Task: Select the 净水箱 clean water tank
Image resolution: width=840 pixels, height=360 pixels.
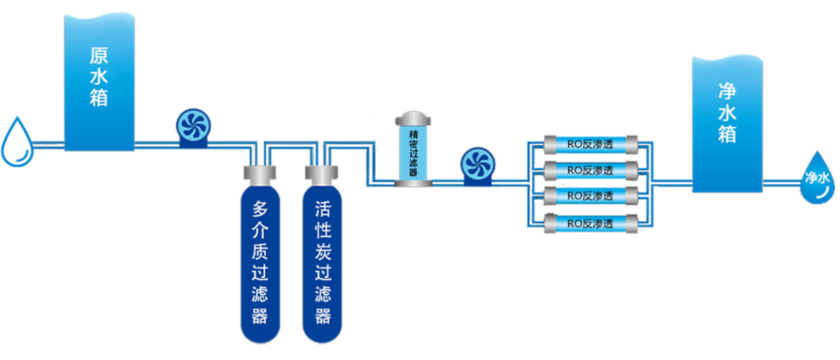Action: pyautogui.click(x=727, y=122)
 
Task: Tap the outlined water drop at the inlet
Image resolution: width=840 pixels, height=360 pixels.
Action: pyautogui.click(x=17, y=142)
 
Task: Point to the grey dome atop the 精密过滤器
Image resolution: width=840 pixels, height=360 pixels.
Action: pyautogui.click(x=413, y=118)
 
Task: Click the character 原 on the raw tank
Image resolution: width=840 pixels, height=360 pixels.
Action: pyautogui.click(x=99, y=55)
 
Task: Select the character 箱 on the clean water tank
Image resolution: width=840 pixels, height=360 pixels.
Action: pyautogui.click(x=727, y=134)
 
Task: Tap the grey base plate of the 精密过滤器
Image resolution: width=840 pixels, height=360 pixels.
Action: pyautogui.click(x=413, y=183)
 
